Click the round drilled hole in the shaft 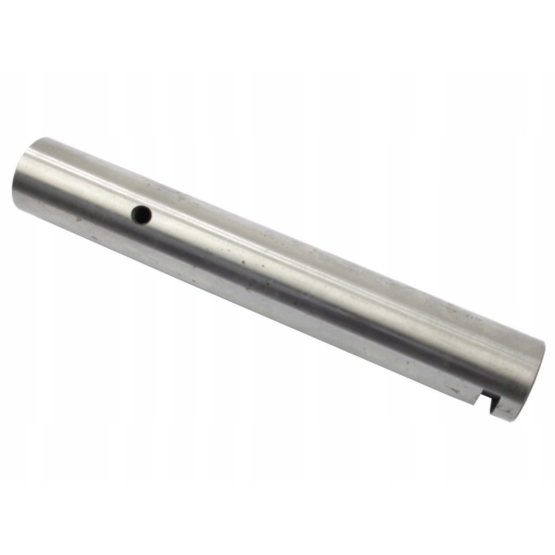142,215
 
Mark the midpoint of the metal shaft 277,277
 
